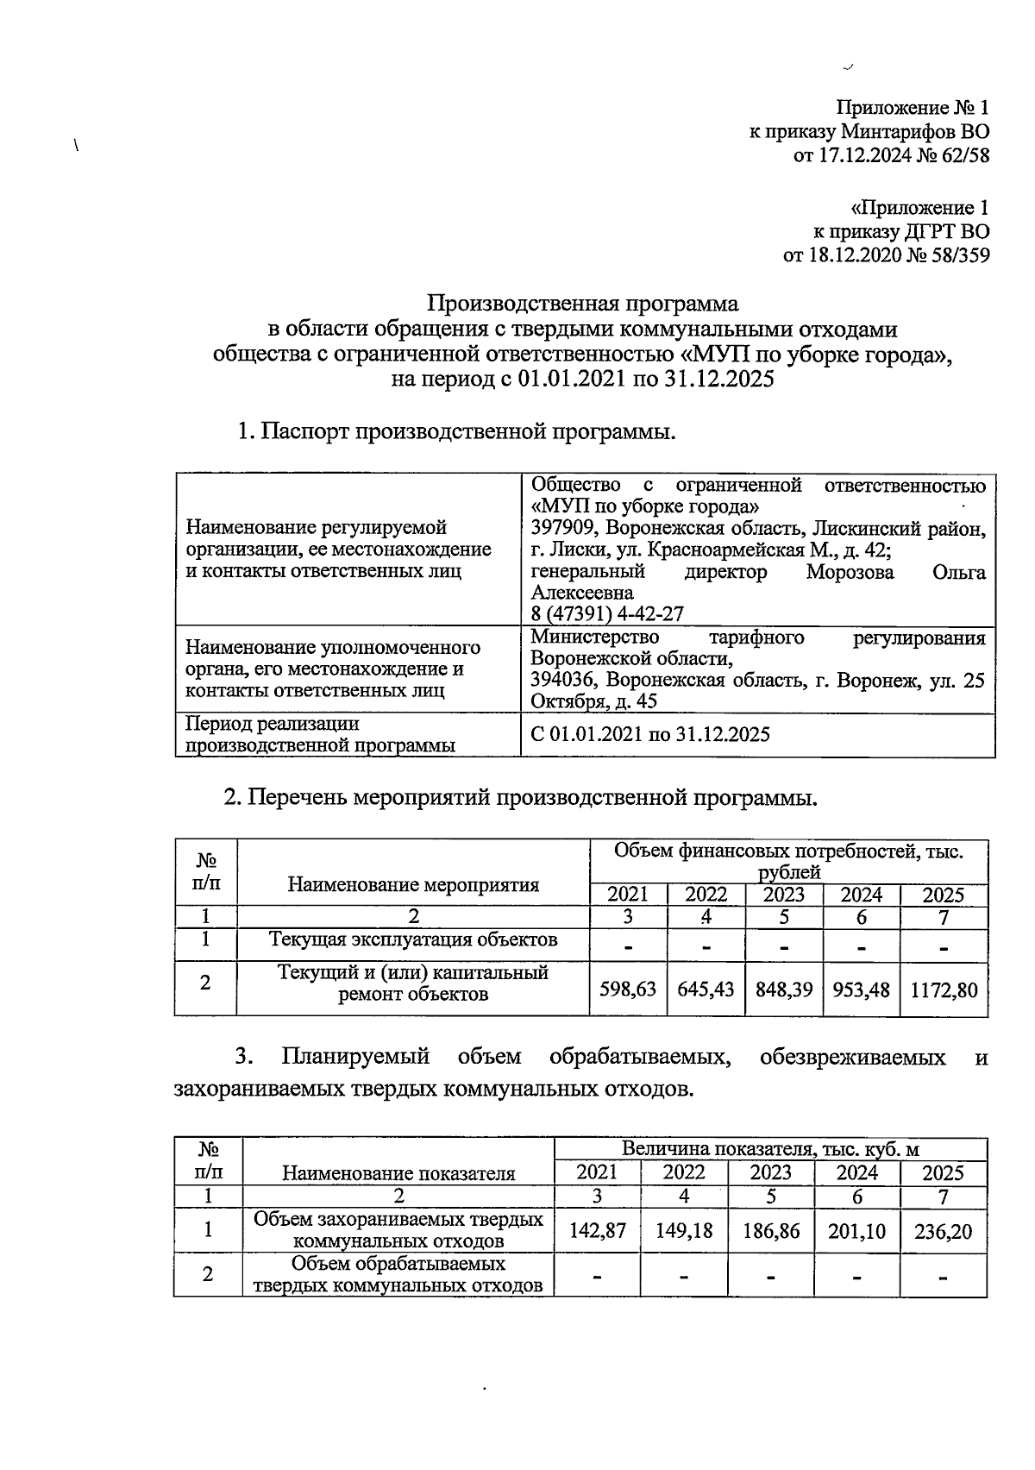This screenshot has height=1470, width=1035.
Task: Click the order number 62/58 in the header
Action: pyautogui.click(x=965, y=156)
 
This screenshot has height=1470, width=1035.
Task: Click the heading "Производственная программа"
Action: pyautogui.click(x=584, y=304)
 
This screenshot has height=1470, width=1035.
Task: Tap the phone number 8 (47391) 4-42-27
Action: pyautogui.click(x=607, y=613)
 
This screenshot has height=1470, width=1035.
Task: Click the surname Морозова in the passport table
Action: pyautogui.click(x=850, y=572)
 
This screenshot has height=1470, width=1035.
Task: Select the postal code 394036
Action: pyautogui.click(x=563, y=680)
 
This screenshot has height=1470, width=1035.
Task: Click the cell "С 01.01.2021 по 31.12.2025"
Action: pyautogui.click(x=650, y=735)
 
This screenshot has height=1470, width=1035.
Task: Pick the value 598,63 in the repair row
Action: pyautogui.click(x=628, y=989)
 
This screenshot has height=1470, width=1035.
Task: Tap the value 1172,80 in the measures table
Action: pyautogui.click(x=944, y=989)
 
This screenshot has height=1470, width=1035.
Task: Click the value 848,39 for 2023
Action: pyautogui.click(x=784, y=989)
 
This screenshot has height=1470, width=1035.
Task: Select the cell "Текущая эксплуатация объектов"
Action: pyautogui.click(x=413, y=939)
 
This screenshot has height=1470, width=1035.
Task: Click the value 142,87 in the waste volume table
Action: pyautogui.click(x=597, y=1231)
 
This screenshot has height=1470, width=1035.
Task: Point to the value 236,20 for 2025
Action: pyautogui.click(x=943, y=1231)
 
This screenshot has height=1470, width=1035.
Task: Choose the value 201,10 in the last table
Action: pyautogui.click(x=856, y=1231)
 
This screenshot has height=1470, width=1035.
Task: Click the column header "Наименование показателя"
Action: pyautogui.click(x=398, y=1173)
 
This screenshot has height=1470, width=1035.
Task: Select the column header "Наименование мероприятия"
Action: pyautogui.click(x=413, y=884)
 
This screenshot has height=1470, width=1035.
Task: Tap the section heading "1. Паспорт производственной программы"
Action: pyautogui.click(x=456, y=431)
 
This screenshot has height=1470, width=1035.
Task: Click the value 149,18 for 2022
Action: pyautogui.click(x=684, y=1231)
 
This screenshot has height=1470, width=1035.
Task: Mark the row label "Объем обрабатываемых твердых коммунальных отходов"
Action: pyautogui.click(x=398, y=1275)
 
